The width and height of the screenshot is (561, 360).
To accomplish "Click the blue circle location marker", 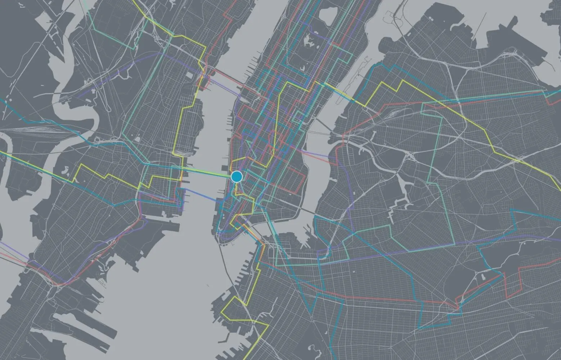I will pyautogui.click(x=237, y=176).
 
